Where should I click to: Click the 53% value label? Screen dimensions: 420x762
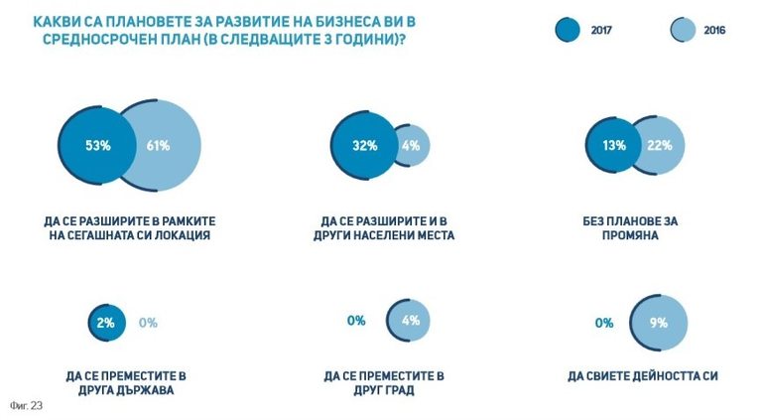click(x=97, y=146)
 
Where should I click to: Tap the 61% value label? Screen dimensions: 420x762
click(x=158, y=146)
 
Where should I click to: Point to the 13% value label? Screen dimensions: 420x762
click(x=613, y=145)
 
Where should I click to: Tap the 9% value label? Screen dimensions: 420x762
click(x=659, y=323)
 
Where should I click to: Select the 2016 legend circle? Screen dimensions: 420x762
click(x=683, y=30)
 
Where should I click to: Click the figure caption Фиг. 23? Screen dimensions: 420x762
click(x=22, y=405)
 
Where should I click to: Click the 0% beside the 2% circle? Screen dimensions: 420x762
click(x=149, y=322)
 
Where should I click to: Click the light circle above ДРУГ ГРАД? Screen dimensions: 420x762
click(x=410, y=322)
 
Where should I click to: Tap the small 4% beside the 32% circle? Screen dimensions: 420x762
click(x=411, y=145)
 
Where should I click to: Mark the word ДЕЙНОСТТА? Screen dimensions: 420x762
click(x=657, y=376)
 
